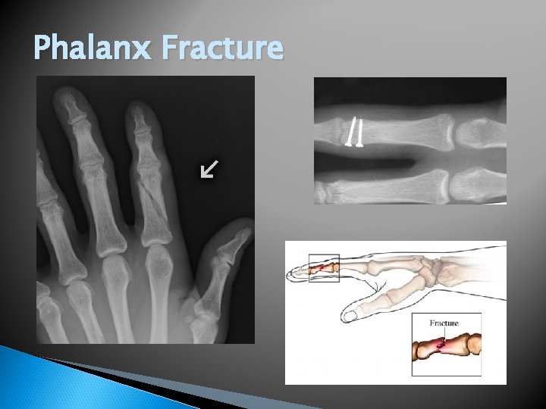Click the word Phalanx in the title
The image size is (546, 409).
pyautogui.click(x=93, y=48)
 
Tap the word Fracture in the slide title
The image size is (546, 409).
pyautogui.click(x=222, y=48)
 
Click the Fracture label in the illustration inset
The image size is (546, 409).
pyautogui.click(x=444, y=323)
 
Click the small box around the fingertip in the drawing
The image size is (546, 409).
pyautogui.click(x=323, y=268)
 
